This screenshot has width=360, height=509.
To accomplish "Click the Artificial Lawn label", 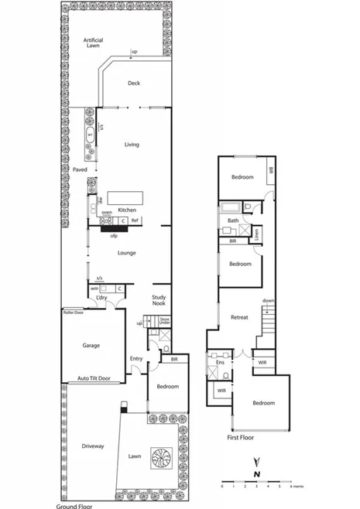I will pyautogui.click(x=93, y=43).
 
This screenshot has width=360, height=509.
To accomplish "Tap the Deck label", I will pyautogui.click(x=132, y=85).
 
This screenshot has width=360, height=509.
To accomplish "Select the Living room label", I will pyautogui.click(x=131, y=144).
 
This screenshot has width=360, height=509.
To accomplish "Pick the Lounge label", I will pyautogui.click(x=127, y=252).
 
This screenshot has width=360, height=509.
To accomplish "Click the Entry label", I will pyautogui.click(x=136, y=358).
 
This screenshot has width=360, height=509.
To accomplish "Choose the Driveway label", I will pyautogui.click(x=91, y=447).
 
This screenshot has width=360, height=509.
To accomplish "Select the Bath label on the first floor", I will pyautogui.click(x=232, y=220).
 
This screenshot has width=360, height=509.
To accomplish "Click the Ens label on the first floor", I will pyautogui.click(x=220, y=362).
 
